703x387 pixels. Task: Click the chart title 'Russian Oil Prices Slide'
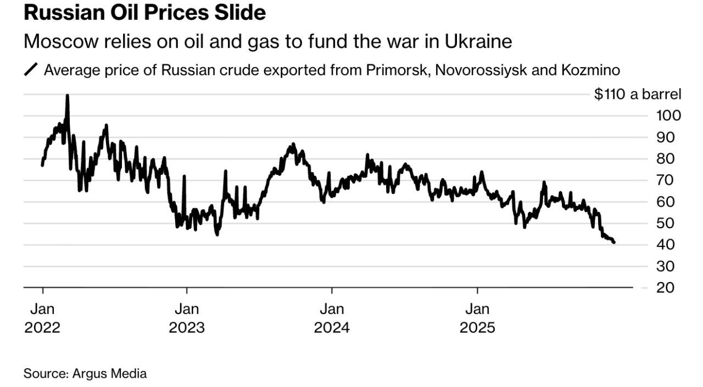pyautogui.click(x=144, y=13)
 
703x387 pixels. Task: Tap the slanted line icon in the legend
pyautogui.click(x=32, y=71)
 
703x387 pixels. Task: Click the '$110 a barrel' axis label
pyautogui.click(x=638, y=94)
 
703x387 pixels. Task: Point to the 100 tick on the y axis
pyautogui.click(x=668, y=115)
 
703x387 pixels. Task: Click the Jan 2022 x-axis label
pyautogui.click(x=42, y=318)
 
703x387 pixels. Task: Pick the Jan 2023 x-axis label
pyautogui.click(x=187, y=318)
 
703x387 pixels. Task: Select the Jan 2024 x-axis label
pyautogui.click(x=332, y=318)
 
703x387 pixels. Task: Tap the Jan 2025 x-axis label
pyautogui.click(x=477, y=318)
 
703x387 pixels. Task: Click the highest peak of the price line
pyautogui.click(x=67, y=96)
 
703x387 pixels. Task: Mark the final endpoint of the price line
pyautogui.click(x=613, y=242)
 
